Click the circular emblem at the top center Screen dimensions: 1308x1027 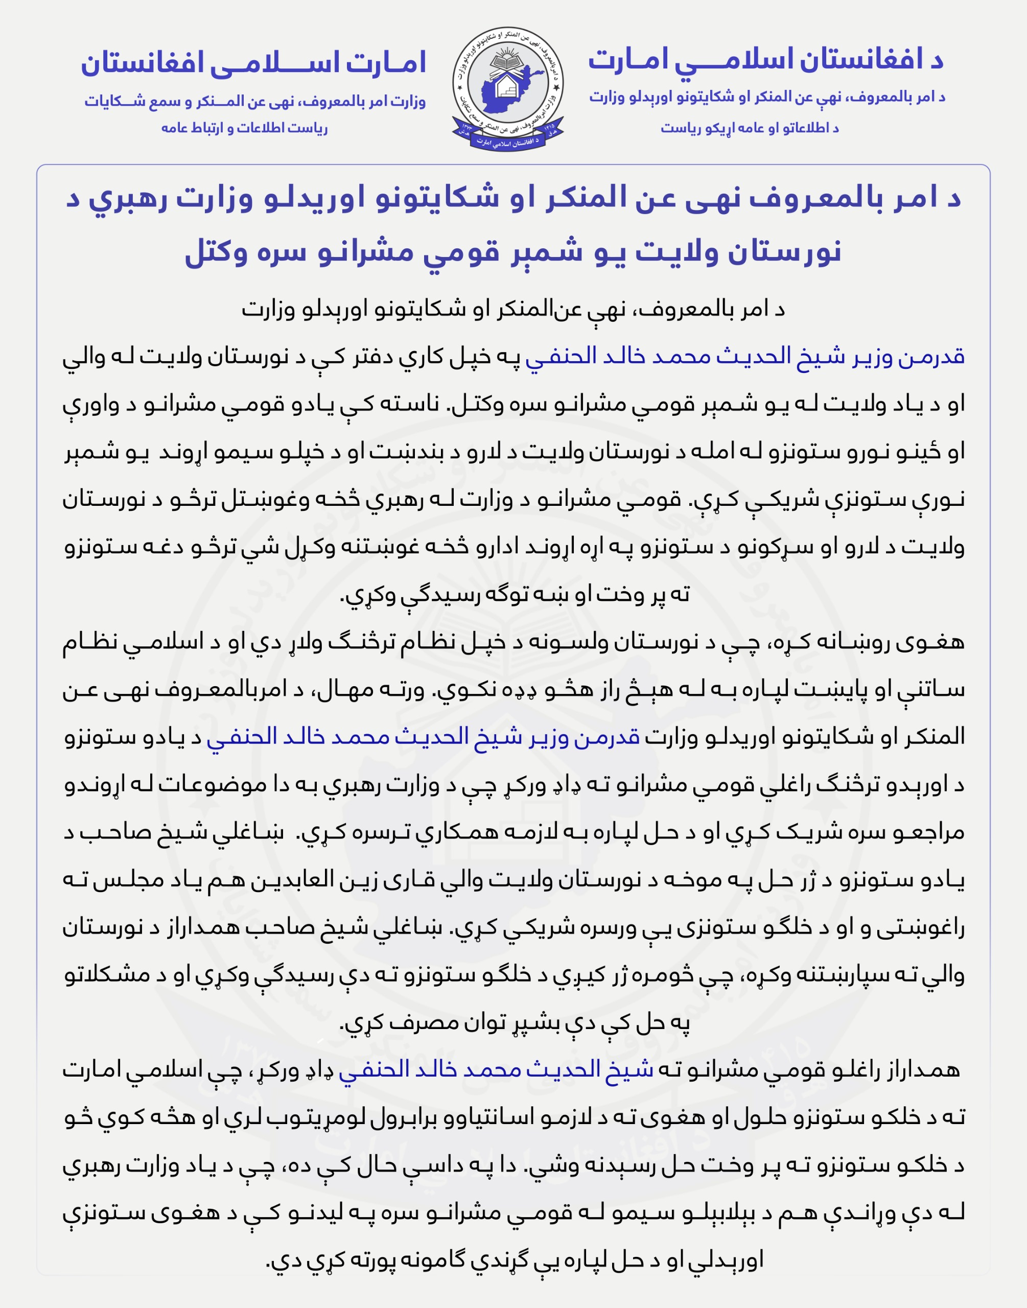(508, 88)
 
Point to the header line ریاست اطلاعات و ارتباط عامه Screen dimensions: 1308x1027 (244, 128)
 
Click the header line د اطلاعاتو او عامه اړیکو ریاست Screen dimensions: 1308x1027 (750, 128)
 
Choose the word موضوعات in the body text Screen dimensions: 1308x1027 (203, 784)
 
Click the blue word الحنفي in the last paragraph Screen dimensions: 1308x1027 (368, 1069)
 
